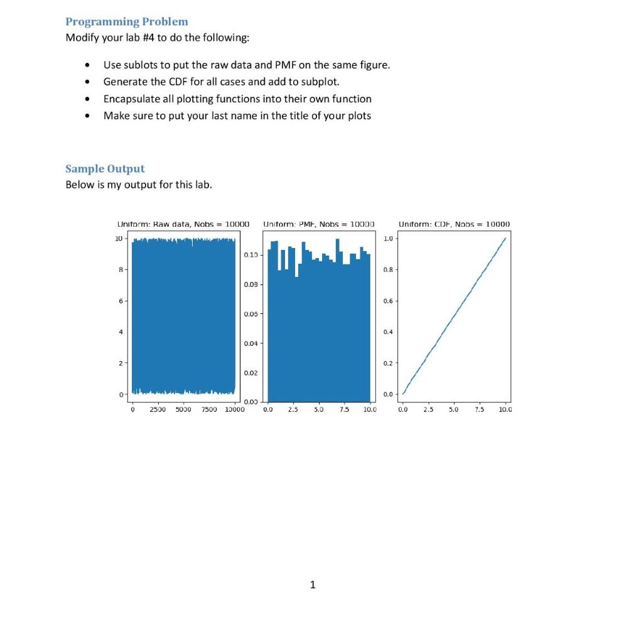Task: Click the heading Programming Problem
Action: click(127, 21)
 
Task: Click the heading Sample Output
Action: click(105, 168)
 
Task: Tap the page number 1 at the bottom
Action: click(313, 585)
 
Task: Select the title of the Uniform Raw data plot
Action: click(183, 224)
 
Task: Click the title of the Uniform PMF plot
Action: click(318, 224)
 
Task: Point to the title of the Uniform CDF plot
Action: click(455, 224)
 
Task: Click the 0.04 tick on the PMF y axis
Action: click(251, 343)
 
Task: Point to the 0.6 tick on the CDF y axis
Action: click(389, 301)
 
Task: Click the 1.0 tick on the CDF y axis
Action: click(389, 239)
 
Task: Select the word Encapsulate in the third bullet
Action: click(129, 99)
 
